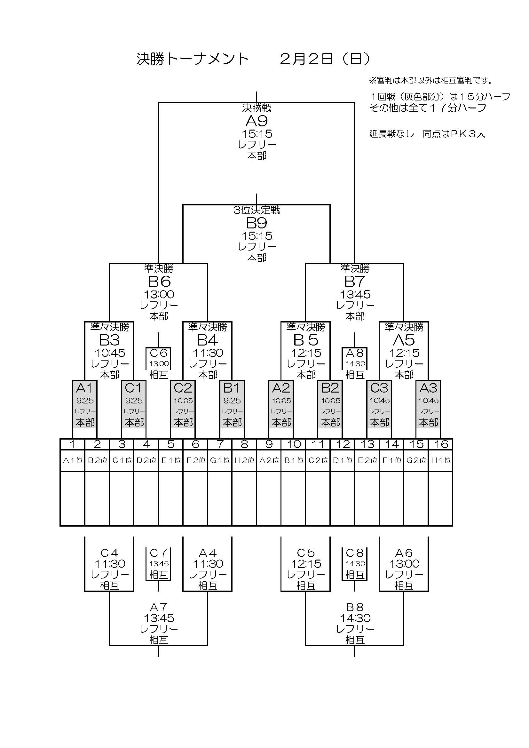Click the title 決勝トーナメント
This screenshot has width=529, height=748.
coord(192,59)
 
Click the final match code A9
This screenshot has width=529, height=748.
coord(257,121)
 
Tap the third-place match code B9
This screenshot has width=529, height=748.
coord(257,223)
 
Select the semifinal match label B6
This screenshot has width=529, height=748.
coord(159,282)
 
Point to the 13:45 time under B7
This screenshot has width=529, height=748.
coord(355,295)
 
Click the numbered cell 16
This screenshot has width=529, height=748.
coord(440,444)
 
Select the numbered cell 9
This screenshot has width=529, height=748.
coord(269,444)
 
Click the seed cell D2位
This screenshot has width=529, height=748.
coord(146,460)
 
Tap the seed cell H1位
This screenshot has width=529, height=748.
coord(440,460)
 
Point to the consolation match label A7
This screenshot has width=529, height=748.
coord(159,607)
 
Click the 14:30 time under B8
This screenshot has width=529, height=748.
coord(355,618)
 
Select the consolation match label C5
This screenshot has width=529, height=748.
coord(306,553)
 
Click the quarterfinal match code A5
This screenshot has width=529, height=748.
coord(404,340)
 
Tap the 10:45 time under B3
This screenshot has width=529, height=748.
coord(110,353)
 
